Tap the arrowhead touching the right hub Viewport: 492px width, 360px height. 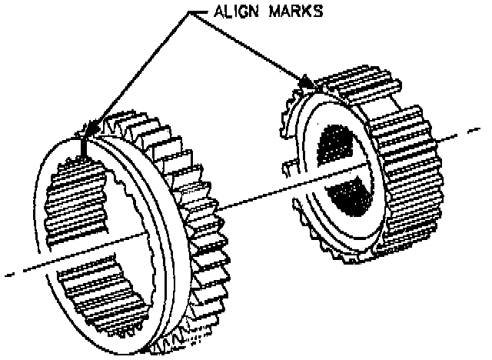(x=305, y=79)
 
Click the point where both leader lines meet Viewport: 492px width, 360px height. (x=191, y=12)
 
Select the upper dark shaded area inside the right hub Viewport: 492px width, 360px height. (x=338, y=146)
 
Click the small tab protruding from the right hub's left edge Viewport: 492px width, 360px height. (x=291, y=166)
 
